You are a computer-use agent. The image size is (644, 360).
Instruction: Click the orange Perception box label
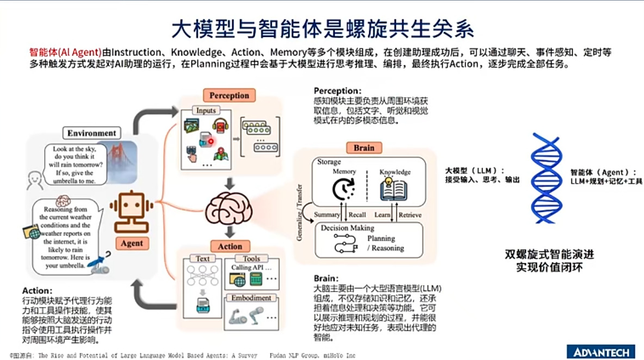(x=229, y=96)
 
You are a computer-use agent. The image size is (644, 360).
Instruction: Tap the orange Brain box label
(x=364, y=148)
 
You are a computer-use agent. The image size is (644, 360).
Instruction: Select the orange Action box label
(x=230, y=246)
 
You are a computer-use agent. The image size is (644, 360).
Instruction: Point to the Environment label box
(x=92, y=133)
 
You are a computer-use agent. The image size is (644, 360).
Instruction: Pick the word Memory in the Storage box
(x=344, y=172)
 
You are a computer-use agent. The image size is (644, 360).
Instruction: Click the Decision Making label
(x=347, y=228)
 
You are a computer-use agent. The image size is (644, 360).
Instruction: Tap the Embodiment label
(x=251, y=298)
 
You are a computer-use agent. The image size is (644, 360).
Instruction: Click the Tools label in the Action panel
(x=251, y=259)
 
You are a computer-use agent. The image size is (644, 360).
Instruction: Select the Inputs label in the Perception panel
(x=206, y=110)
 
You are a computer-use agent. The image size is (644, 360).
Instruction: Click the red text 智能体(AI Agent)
(x=65, y=53)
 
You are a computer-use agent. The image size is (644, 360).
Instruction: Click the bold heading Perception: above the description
(x=337, y=91)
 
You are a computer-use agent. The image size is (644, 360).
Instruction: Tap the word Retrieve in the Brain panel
(x=410, y=215)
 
